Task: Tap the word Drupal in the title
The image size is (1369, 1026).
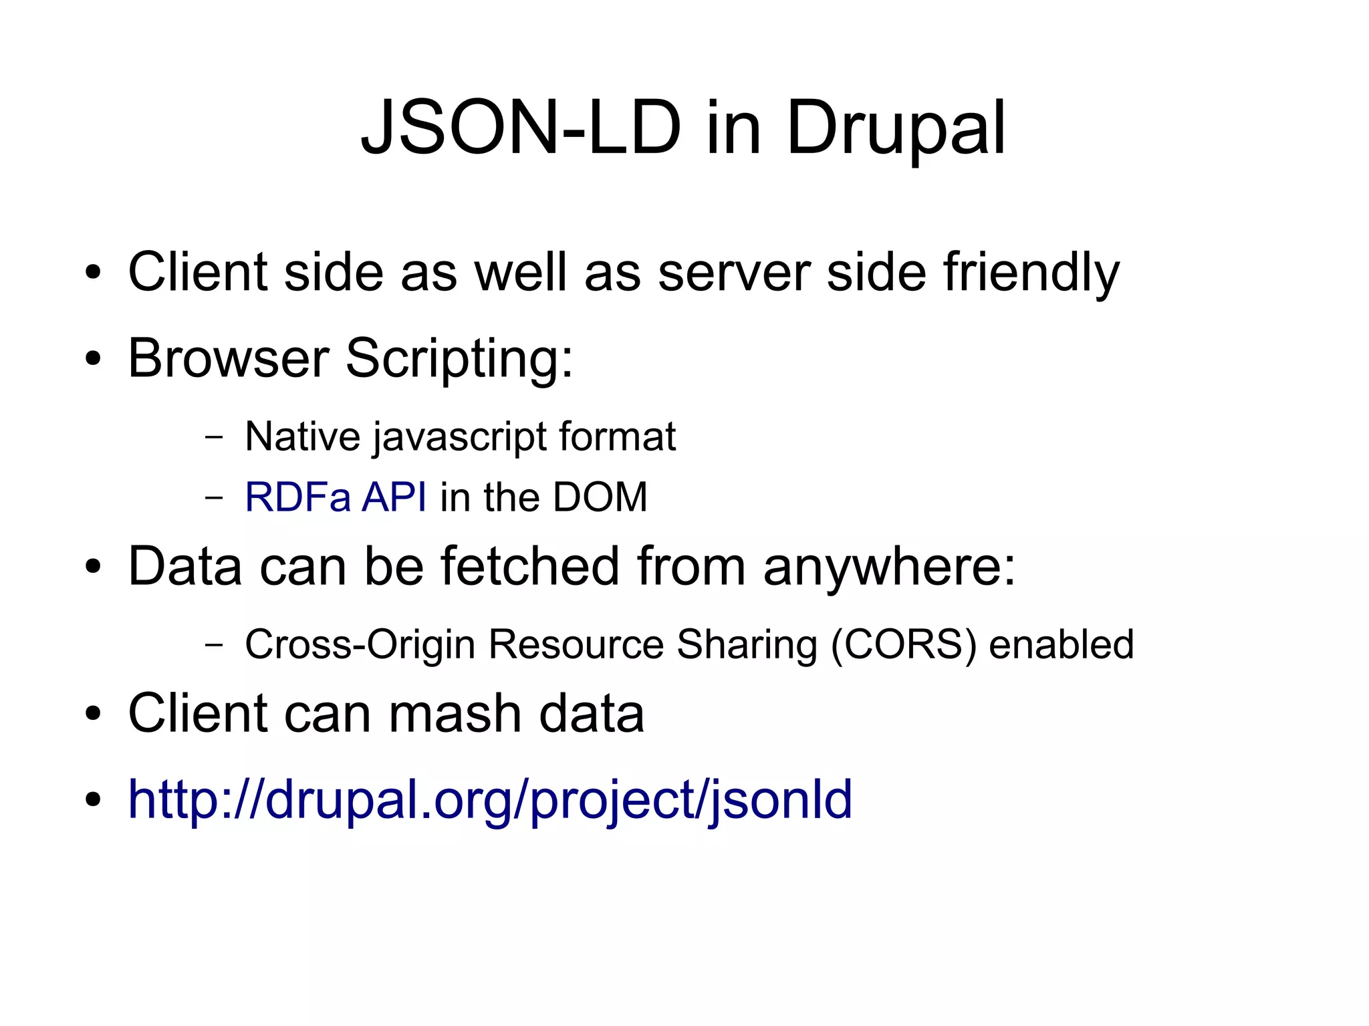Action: [x=895, y=128]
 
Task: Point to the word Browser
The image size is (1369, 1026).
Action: [x=228, y=358]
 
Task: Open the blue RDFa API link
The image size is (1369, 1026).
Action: [x=336, y=497]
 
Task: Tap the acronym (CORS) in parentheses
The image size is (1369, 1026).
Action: [x=903, y=645]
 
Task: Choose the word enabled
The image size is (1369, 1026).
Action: [x=1061, y=644]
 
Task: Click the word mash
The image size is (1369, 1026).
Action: [x=455, y=713]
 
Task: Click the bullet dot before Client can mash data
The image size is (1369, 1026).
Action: [x=93, y=713]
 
